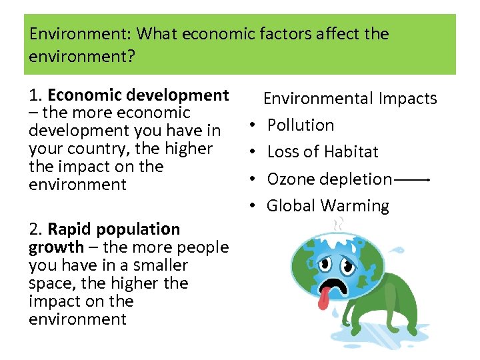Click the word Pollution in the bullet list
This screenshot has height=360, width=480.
(x=301, y=125)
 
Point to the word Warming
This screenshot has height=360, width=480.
(x=361, y=206)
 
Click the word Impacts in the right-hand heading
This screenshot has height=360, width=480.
(x=408, y=99)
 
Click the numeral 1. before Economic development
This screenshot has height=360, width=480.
(x=36, y=95)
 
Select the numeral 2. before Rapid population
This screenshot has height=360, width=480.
(x=36, y=229)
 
